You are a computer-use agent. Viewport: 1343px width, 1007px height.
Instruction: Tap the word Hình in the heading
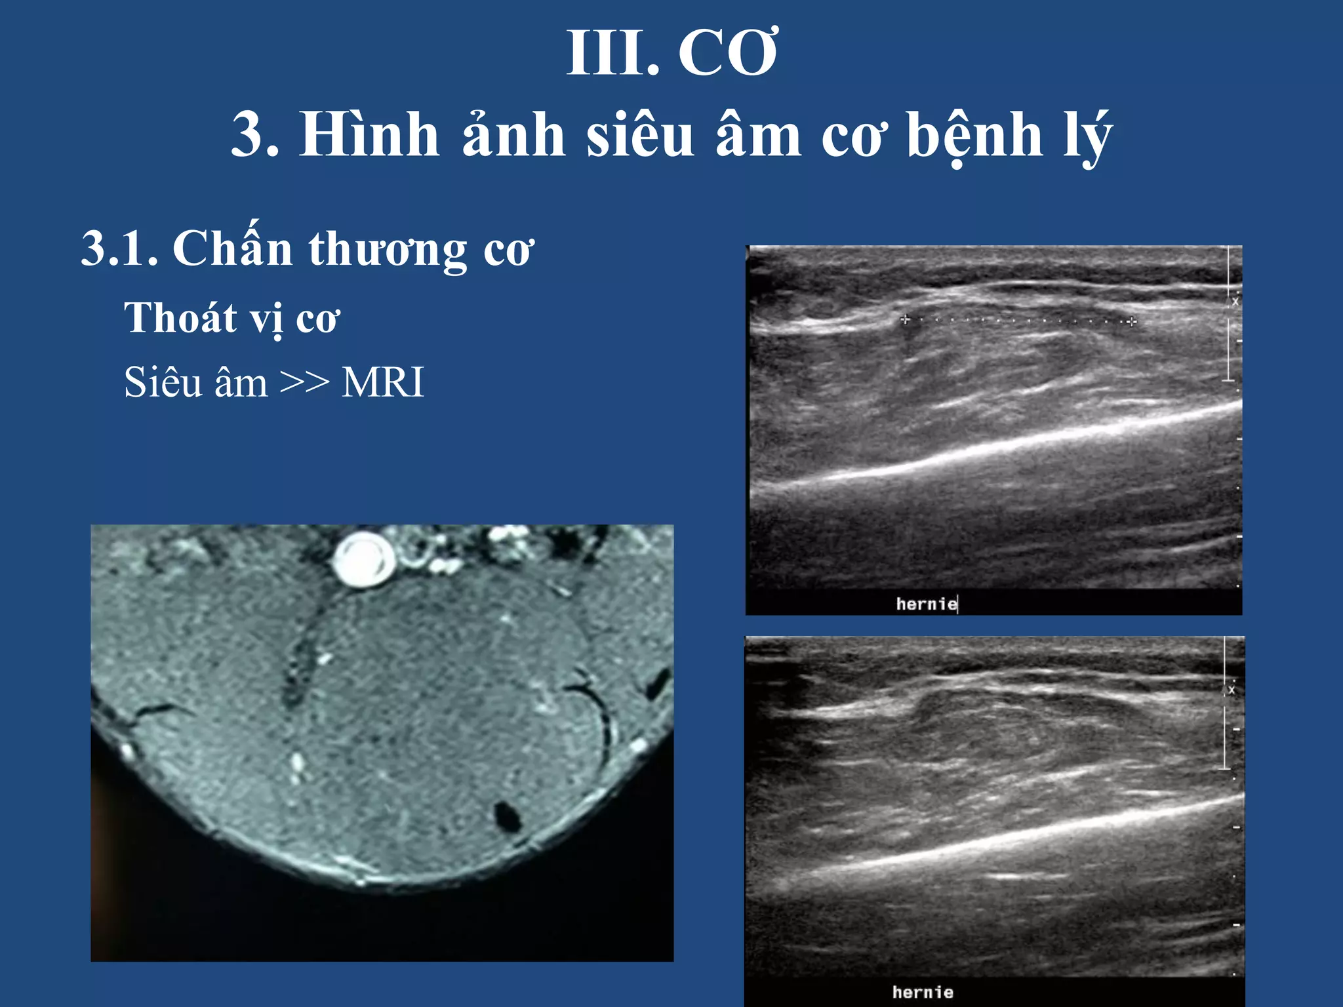coord(369,135)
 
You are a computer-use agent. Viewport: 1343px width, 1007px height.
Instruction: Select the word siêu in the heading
coord(640,135)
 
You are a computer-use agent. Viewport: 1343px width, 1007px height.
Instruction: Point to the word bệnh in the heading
coord(974,136)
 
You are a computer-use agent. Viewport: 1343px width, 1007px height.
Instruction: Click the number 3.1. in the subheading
coord(119,249)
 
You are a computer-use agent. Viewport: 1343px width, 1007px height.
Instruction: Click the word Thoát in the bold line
coord(180,319)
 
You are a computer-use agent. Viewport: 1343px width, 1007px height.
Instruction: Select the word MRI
coord(383,382)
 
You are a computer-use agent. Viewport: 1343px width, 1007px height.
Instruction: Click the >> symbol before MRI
coord(304,382)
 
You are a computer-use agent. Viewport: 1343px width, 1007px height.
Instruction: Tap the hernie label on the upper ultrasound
coord(926,604)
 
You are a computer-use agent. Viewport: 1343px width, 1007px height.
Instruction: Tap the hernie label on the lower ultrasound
coord(922,992)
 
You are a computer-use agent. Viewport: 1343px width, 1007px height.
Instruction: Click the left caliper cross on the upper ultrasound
coord(906,319)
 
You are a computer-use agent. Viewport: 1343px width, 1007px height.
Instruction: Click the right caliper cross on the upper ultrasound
coord(1132,321)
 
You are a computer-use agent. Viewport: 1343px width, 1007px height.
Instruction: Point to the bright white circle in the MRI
coord(363,559)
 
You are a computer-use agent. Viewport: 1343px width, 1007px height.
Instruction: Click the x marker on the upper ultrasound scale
coord(1235,302)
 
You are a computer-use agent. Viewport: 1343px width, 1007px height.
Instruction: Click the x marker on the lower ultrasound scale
coord(1231,690)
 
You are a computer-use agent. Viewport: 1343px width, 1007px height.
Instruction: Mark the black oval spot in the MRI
coord(507,817)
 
